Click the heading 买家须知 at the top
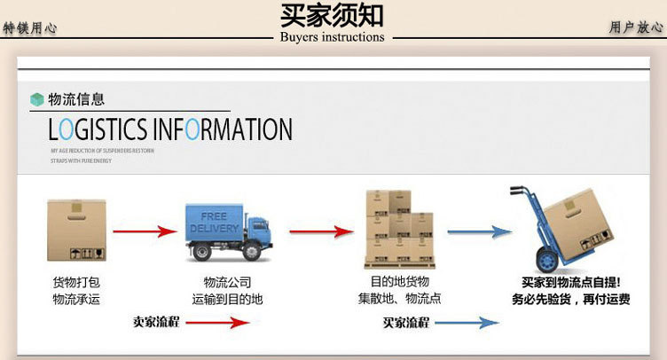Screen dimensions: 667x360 (x=332, y=15)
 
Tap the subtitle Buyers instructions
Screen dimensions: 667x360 (x=332, y=37)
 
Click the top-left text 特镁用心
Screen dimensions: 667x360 (x=30, y=28)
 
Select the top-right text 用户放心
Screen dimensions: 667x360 (x=636, y=28)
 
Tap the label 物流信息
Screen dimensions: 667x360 (x=75, y=99)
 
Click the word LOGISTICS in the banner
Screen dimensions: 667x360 (x=98, y=130)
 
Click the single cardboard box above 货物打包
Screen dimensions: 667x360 (x=77, y=230)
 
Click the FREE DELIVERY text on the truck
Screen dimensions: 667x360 (x=214, y=223)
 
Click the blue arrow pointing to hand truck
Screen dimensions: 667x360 (x=479, y=231)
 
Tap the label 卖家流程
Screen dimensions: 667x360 (x=156, y=322)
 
